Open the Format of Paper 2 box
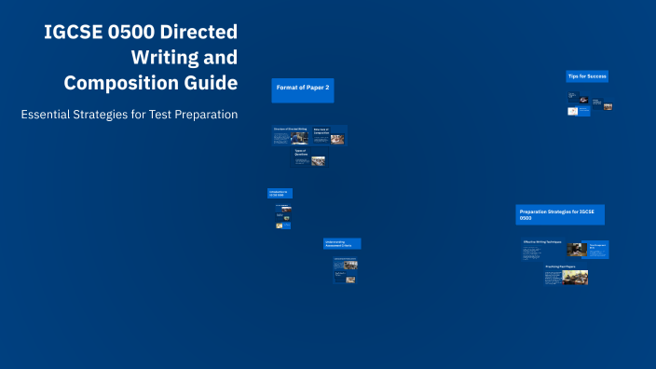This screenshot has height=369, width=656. (303, 89)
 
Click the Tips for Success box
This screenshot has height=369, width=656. (587, 75)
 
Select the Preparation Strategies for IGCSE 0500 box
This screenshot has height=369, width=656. (560, 214)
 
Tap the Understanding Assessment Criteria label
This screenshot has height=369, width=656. (341, 243)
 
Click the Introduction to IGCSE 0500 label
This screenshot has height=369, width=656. (280, 193)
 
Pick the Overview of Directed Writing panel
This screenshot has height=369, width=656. (290, 135)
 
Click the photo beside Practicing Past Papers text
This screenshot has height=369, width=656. (569, 278)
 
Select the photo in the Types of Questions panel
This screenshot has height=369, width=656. (319, 160)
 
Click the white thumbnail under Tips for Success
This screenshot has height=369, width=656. (573, 110)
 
